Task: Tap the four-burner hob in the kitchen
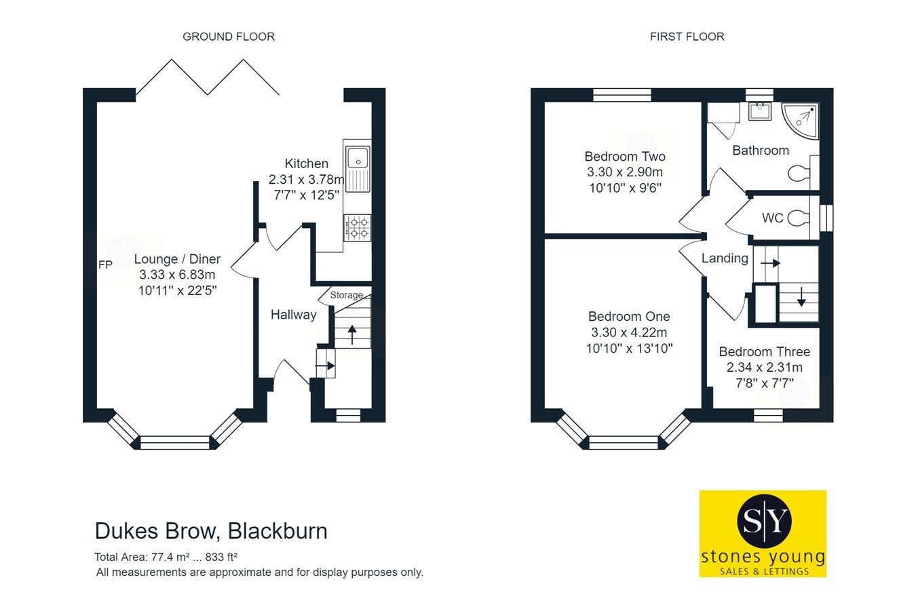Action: pyautogui.click(x=358, y=227)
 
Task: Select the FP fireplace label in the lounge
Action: pyautogui.click(x=105, y=265)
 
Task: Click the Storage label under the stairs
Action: pyautogui.click(x=346, y=295)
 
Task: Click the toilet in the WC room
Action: pyautogui.click(x=800, y=218)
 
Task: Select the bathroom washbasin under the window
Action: pyautogui.click(x=759, y=111)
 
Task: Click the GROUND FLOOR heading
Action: pyautogui.click(x=229, y=37)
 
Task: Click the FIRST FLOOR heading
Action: pyautogui.click(x=687, y=37)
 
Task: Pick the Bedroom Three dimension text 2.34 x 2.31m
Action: pyautogui.click(x=764, y=368)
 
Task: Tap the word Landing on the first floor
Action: pyautogui.click(x=725, y=258)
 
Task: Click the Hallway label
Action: pyautogui.click(x=293, y=315)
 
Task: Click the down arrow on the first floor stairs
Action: pyautogui.click(x=801, y=297)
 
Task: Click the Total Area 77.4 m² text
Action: pyautogui.click(x=166, y=557)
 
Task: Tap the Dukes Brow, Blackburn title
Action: pyautogui.click(x=211, y=530)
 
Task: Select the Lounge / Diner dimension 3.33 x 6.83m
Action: pyautogui.click(x=177, y=275)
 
